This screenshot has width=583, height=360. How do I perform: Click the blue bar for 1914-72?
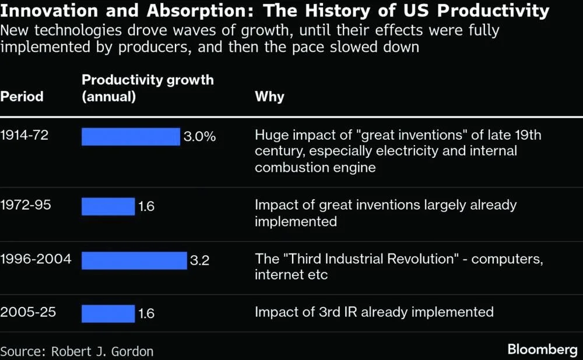tap(131, 137)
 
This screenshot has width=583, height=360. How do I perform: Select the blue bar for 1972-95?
tap(108, 206)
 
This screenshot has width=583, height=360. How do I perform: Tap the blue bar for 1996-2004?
tap(134, 260)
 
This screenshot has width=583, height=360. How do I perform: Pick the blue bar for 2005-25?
tap(108, 313)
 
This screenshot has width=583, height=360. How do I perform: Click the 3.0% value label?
tap(200, 137)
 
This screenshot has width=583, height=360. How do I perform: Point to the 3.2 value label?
tap(199, 260)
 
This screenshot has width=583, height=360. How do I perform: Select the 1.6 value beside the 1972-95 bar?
tap(146, 206)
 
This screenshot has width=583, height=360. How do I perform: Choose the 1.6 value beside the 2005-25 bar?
tap(146, 313)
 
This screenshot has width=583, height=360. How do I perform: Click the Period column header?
tap(22, 96)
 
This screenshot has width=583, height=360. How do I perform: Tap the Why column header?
tap(269, 96)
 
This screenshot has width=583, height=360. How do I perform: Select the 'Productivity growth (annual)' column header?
tap(147, 88)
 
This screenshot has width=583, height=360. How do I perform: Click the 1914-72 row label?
tap(24, 136)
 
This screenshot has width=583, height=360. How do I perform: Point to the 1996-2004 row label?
tap(36, 259)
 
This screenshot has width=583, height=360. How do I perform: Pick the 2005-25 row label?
tap(28, 312)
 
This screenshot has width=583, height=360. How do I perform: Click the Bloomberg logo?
tap(542, 350)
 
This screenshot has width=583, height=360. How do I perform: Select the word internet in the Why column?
tap(279, 274)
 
